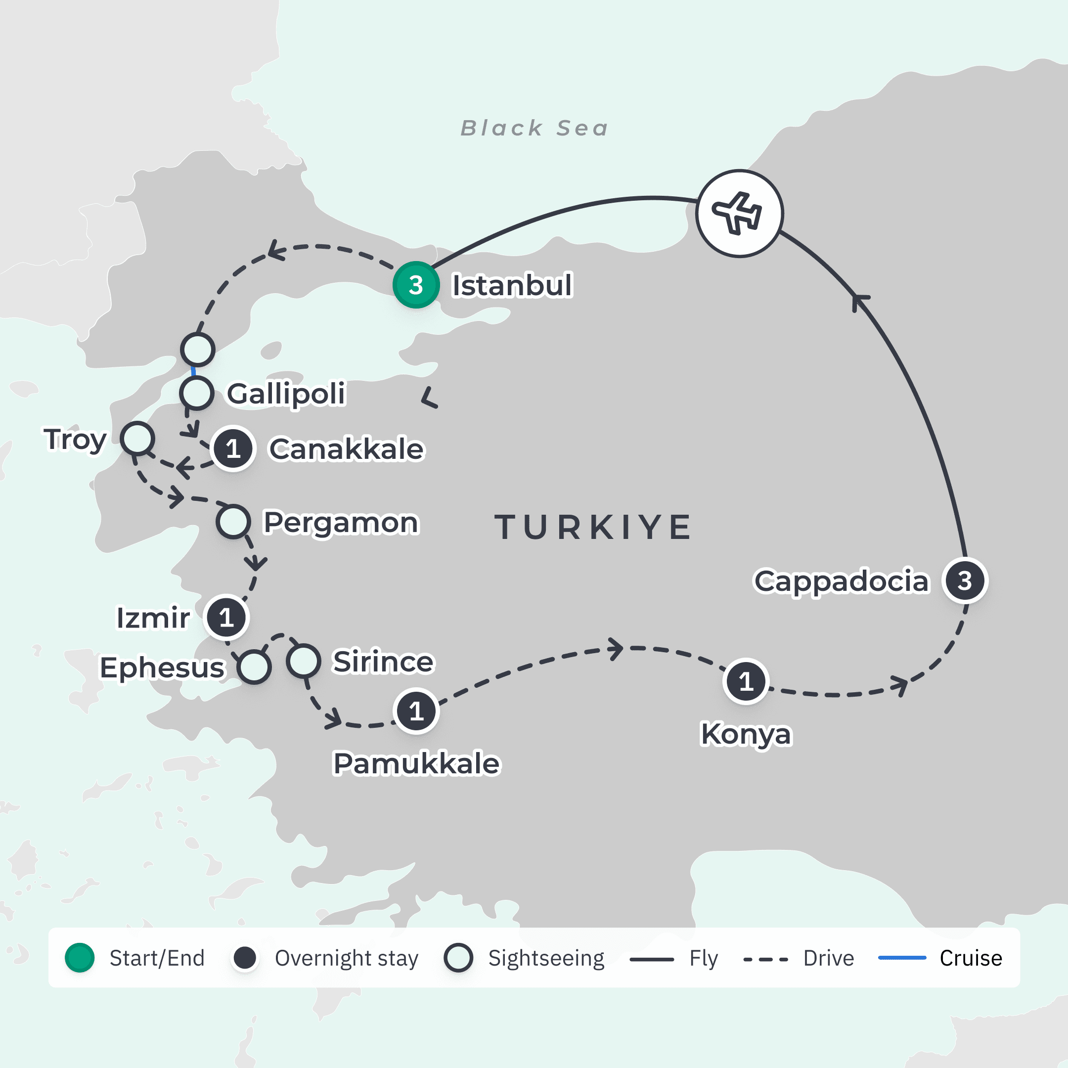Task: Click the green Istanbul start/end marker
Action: [x=416, y=285]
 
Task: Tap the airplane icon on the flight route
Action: [x=739, y=214]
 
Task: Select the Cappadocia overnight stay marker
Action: [x=965, y=580]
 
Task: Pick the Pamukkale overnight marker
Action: [x=416, y=711]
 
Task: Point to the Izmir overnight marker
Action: [x=226, y=617]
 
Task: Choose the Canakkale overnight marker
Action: [x=233, y=448]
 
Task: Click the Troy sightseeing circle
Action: [x=137, y=439]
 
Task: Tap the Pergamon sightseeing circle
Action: [x=233, y=521]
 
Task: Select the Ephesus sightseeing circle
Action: [x=254, y=667]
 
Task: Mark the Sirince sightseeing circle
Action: [x=304, y=661]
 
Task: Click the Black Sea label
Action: [x=534, y=128]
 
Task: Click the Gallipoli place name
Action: [x=286, y=394]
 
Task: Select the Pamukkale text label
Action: [x=416, y=763]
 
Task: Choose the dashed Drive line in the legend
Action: [x=765, y=959]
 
